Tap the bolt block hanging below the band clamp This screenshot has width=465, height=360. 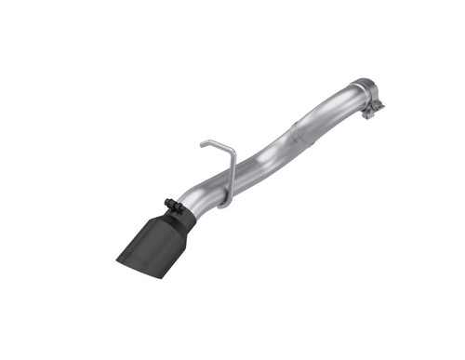(375, 113)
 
